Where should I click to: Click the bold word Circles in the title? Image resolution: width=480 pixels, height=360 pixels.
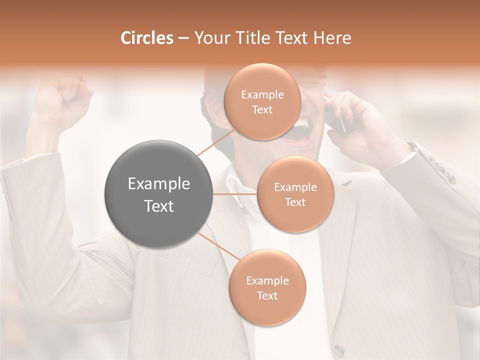147,38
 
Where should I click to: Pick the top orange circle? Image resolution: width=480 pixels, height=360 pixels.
262,102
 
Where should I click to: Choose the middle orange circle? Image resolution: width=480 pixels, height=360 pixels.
295,194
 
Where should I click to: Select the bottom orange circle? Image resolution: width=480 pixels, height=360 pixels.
267,288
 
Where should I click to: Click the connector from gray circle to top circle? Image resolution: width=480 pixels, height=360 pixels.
215,142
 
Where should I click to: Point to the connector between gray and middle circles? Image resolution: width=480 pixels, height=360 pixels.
235,194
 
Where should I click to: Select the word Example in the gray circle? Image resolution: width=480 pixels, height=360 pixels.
159,184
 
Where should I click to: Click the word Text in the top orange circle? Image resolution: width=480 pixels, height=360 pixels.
262,110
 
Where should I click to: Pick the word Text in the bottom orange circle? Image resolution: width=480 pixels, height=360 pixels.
267,295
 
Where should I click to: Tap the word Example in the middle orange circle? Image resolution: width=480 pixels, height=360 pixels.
295,187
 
